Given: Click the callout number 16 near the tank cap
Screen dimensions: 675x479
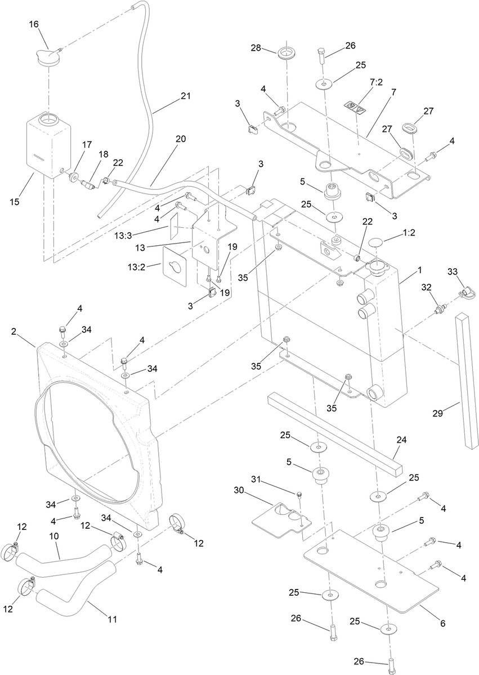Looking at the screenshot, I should [34, 24].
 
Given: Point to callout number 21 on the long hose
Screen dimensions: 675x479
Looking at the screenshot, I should [186, 96].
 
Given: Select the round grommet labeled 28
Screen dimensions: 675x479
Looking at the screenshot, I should [286, 53].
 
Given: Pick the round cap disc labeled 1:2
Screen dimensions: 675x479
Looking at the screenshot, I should [376, 243].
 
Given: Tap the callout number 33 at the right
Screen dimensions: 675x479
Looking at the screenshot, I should [452, 271].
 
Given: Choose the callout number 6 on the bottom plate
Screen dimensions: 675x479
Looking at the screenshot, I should [442, 623].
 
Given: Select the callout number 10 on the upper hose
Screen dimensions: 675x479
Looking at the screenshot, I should [54, 537].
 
